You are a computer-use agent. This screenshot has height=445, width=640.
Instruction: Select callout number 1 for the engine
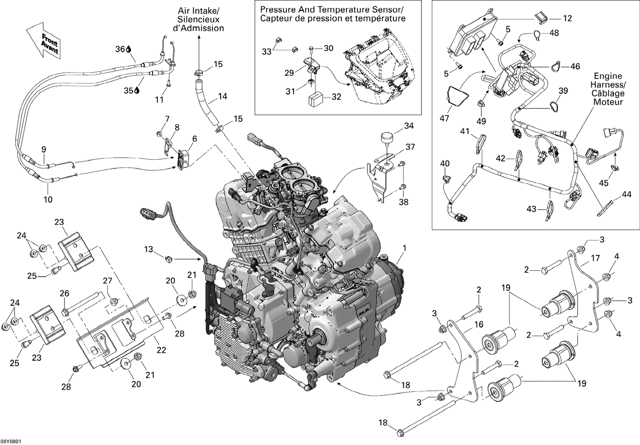404,248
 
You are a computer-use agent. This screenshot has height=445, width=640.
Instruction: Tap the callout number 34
409,126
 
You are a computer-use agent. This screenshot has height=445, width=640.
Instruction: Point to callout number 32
336,97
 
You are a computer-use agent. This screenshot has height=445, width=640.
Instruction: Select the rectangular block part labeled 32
316,101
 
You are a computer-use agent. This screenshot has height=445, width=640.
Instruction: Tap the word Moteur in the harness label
608,102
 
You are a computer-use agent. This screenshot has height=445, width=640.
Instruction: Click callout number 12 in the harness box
567,18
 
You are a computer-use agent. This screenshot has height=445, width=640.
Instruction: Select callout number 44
626,194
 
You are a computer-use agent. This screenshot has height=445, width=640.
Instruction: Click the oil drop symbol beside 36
128,50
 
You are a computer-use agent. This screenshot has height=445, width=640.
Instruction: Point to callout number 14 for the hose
222,97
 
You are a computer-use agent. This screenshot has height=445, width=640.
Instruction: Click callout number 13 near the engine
148,249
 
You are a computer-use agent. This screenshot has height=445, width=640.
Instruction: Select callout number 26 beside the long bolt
64,293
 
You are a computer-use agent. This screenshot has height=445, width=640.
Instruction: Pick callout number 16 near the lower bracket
479,325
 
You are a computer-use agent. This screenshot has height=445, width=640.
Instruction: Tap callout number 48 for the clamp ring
554,33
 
